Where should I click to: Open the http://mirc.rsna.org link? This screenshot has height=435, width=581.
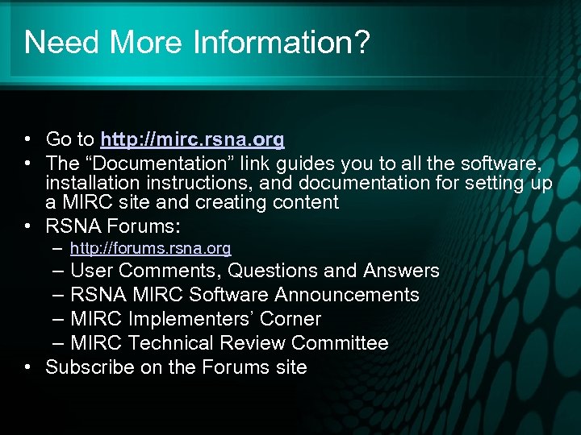192,140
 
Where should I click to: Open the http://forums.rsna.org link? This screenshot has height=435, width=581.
150,248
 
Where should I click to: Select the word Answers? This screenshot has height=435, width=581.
401,271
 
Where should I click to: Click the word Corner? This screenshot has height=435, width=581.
290,319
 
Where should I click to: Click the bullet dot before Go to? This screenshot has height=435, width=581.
28,140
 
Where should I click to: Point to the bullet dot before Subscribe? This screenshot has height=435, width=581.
28,367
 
